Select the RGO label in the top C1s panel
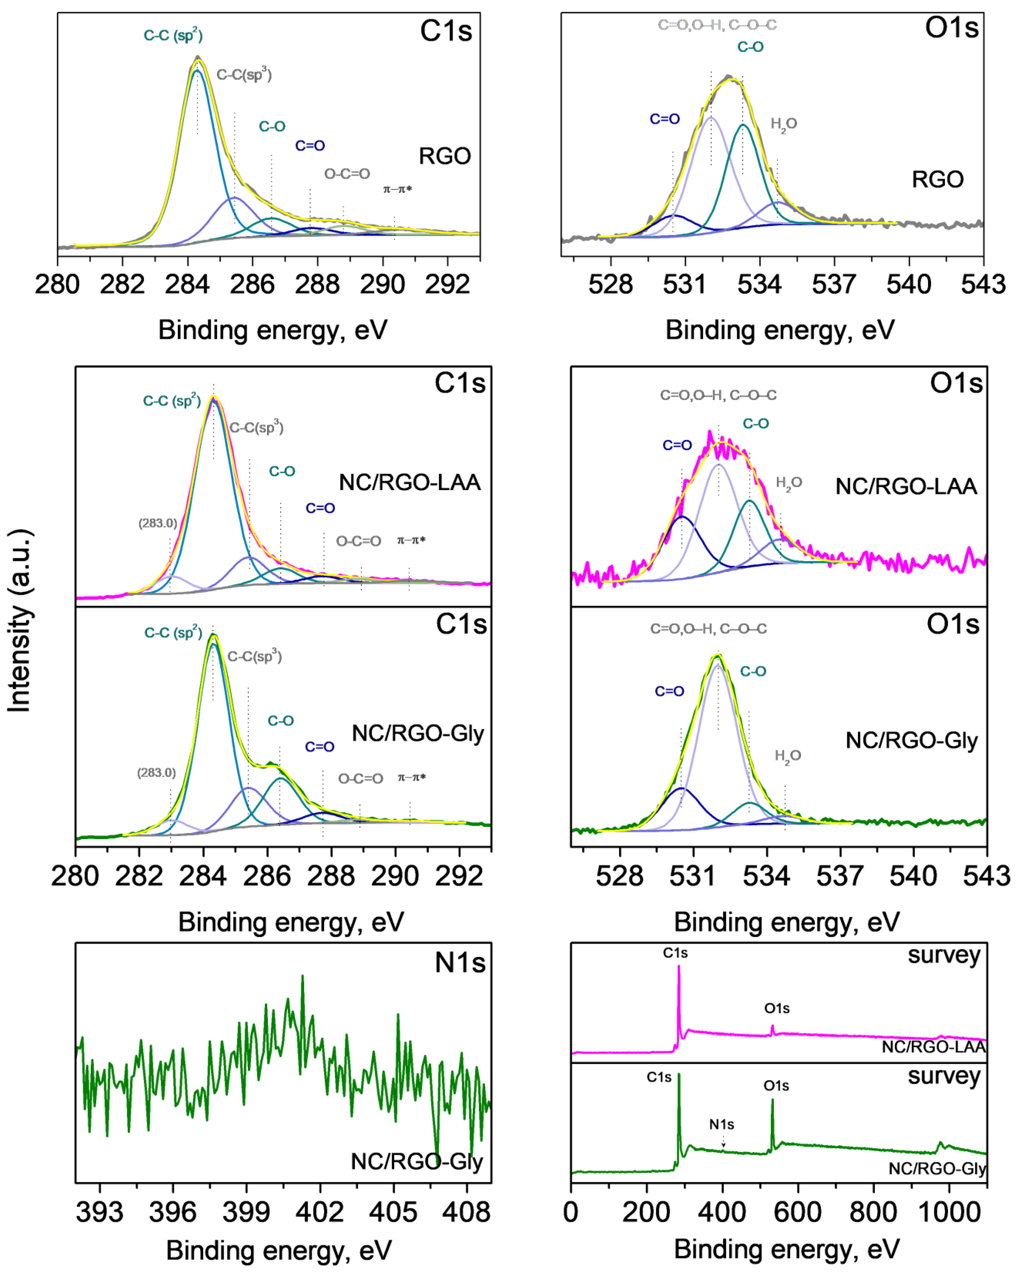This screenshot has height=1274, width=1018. (444, 156)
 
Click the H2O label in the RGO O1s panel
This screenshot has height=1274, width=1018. (783, 124)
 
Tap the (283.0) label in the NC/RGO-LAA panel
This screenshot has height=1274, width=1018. (158, 523)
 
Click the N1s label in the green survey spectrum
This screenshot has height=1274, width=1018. (721, 1124)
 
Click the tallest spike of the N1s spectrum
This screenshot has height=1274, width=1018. (303, 977)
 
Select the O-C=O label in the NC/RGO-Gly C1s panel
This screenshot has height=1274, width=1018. (360, 779)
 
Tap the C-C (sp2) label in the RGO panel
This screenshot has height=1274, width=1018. (173, 35)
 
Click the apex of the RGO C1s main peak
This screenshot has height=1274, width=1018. (198, 58)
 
